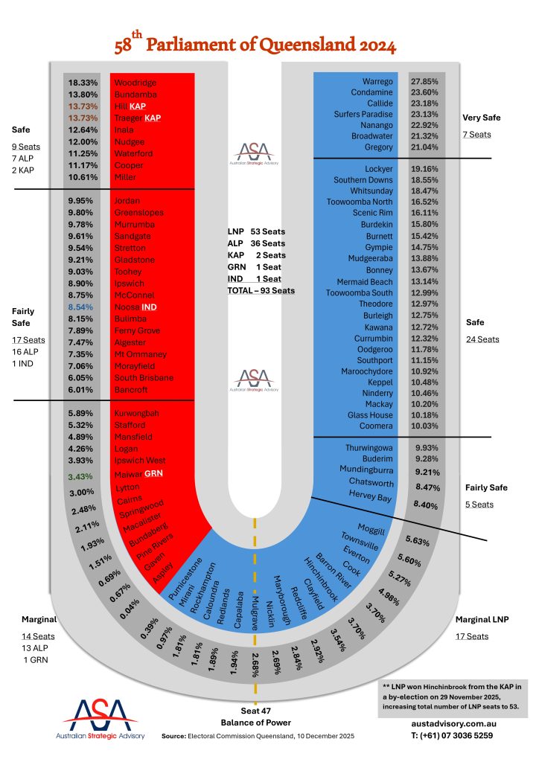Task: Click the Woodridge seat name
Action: (x=136, y=83)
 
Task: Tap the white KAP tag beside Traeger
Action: (x=153, y=118)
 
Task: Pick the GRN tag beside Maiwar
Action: (x=154, y=473)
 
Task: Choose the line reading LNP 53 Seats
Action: (x=255, y=231)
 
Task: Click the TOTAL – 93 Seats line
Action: (x=261, y=289)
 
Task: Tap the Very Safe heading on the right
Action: (x=481, y=118)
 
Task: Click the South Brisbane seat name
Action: (x=144, y=377)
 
